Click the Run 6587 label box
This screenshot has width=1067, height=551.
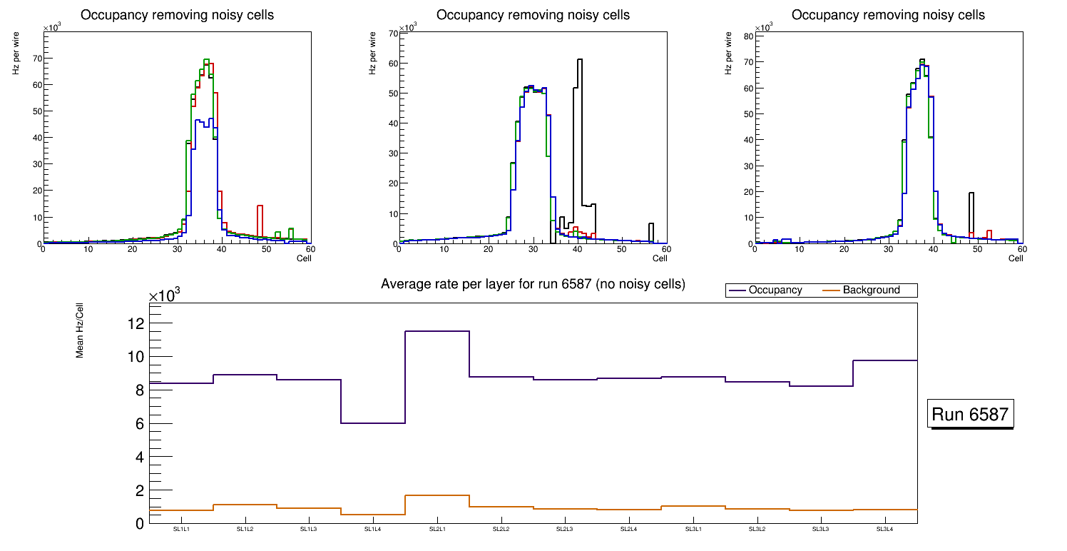click(x=970, y=415)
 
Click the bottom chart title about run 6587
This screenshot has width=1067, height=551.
click(x=533, y=284)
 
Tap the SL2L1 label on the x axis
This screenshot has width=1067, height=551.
click(x=436, y=530)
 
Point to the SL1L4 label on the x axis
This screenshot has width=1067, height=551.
click(x=372, y=530)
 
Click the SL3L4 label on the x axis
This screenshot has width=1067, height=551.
click(x=884, y=530)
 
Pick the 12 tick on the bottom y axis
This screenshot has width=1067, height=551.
click(x=136, y=323)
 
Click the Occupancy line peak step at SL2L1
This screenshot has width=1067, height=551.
click(x=436, y=331)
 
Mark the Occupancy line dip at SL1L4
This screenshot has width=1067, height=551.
click(x=372, y=423)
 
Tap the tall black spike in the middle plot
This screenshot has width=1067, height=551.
click(x=580, y=60)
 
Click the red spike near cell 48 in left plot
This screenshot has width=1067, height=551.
click(x=260, y=206)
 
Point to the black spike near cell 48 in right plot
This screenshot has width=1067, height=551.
click(x=971, y=193)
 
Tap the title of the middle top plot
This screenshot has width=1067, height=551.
click(x=533, y=14)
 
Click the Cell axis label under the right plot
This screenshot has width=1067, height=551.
click(x=1016, y=258)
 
